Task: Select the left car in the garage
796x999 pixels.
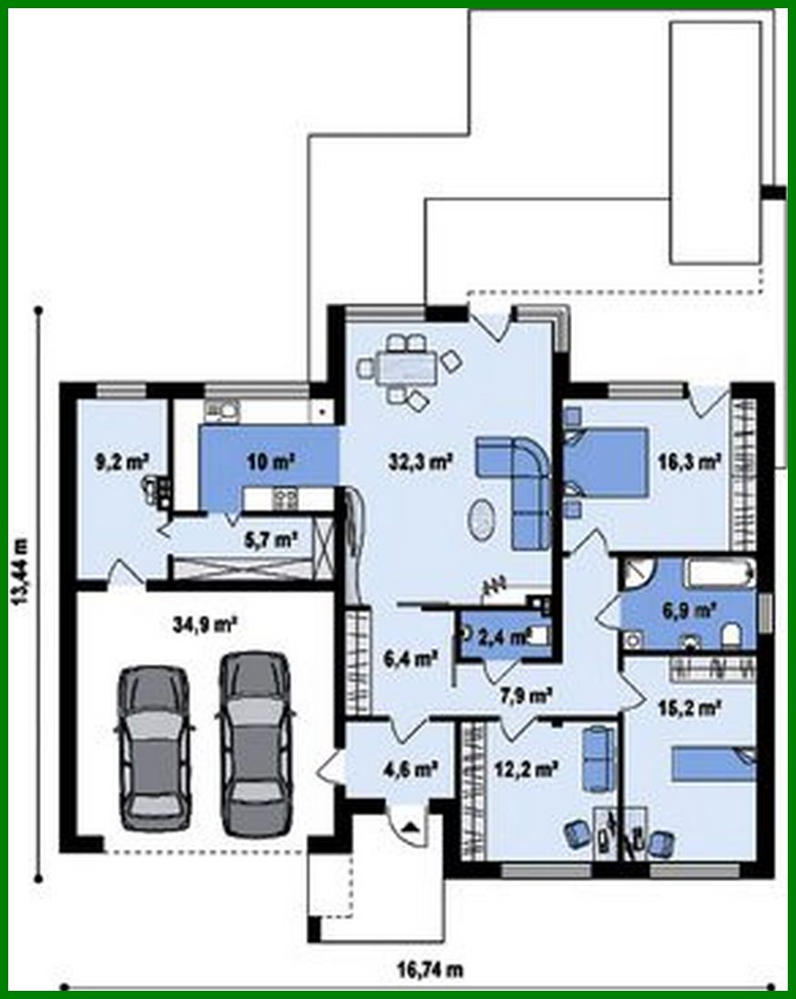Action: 155,746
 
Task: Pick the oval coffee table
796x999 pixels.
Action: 482,520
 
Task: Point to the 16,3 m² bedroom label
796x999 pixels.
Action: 689,462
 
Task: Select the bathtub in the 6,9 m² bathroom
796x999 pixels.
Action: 719,575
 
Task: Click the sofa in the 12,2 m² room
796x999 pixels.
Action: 596,757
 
